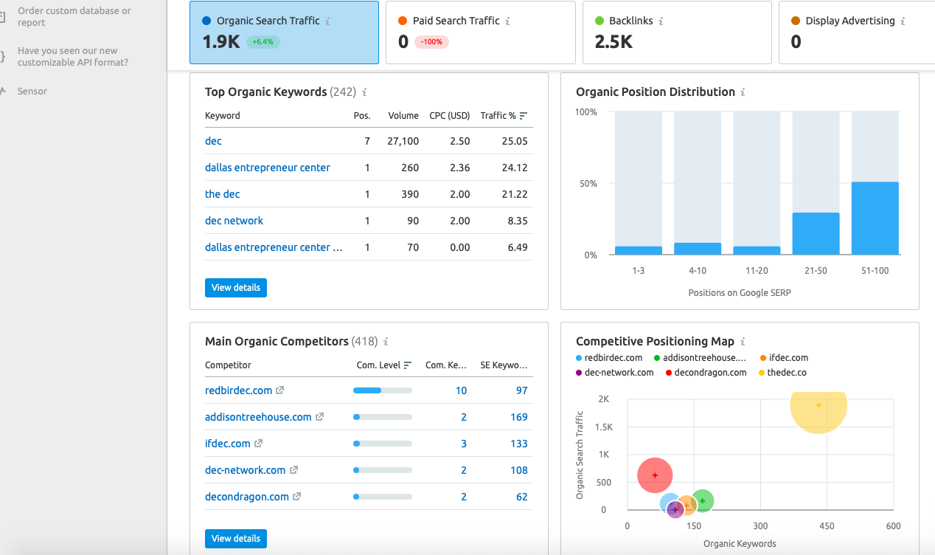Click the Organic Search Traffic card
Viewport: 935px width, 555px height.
tap(284, 32)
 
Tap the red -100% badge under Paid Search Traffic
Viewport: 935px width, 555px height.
tap(431, 42)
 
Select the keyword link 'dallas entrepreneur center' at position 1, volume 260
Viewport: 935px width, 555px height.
tap(268, 168)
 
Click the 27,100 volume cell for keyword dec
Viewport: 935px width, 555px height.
tap(403, 141)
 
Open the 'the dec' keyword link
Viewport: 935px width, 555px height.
tap(222, 194)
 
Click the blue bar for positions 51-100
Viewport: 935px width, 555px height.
tap(875, 218)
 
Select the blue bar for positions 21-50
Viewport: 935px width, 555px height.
tap(816, 234)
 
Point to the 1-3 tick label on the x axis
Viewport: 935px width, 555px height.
tap(638, 271)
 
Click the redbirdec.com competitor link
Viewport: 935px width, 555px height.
tap(238, 390)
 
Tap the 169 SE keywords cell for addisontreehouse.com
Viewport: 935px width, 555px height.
tap(518, 417)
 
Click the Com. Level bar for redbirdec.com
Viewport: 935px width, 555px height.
tap(382, 390)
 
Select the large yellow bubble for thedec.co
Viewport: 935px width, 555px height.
tap(818, 405)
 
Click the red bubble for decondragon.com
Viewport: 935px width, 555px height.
tap(655, 476)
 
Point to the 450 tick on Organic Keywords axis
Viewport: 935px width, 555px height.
tap(827, 526)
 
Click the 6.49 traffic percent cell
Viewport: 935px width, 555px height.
tap(518, 247)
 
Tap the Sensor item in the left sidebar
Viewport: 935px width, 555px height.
tap(32, 92)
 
